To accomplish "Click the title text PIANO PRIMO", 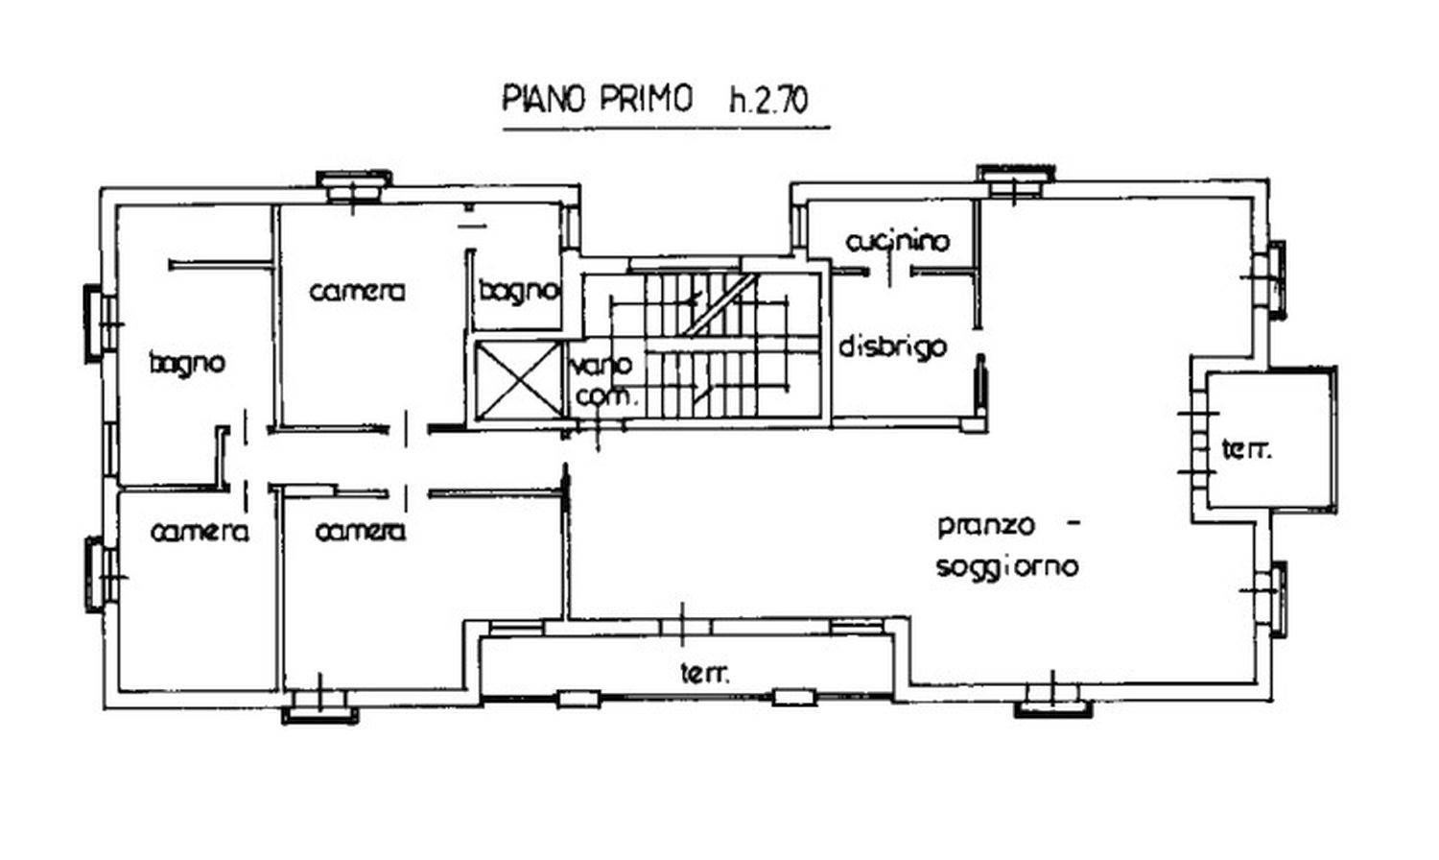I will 597,99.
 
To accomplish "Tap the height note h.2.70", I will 768,101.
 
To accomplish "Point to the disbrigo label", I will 892,346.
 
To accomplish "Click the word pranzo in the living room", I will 986,526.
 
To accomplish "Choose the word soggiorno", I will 1006,566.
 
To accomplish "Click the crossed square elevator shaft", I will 518,381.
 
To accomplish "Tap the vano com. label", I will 602,380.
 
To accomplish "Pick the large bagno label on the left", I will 187,363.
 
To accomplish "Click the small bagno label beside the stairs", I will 518,290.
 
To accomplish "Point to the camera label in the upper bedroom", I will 357,290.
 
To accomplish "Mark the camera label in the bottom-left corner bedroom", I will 200,531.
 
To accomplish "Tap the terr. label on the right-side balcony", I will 1246,448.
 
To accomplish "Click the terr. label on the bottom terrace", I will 704,674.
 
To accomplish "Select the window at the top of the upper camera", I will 353,185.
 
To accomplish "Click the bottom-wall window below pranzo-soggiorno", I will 1053,705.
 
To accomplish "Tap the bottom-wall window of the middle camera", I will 319,710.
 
